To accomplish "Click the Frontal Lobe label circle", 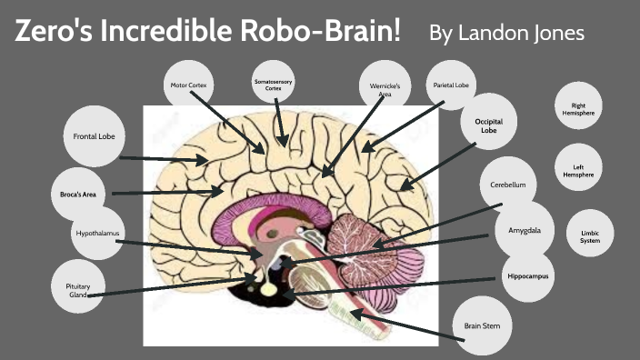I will point(93,137).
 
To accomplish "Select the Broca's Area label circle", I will point(78,195).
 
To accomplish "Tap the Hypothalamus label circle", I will point(97,234).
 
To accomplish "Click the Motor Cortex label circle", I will point(190,86).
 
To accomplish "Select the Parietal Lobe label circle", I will point(450,85).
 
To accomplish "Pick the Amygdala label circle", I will point(525,231).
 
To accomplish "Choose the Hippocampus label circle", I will point(528,276).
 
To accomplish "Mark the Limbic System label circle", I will point(590,236).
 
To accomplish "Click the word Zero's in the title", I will point(55,33).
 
